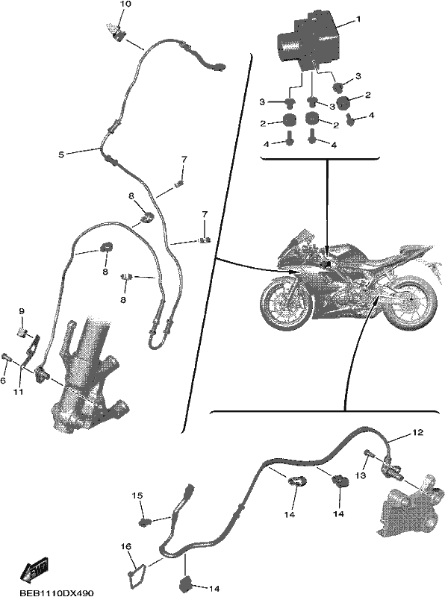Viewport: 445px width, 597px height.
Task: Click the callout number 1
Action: [x=358, y=19]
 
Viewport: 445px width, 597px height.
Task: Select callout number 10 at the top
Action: [x=125, y=4]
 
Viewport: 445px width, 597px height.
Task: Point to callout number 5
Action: [x=61, y=154]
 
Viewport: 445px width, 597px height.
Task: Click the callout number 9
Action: [x=22, y=311]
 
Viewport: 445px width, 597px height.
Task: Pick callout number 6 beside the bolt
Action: [x=4, y=381]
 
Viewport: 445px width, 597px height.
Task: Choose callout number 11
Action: [x=19, y=391]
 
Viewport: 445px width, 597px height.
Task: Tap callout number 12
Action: [x=417, y=433]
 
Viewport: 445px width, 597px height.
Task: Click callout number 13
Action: [x=361, y=475]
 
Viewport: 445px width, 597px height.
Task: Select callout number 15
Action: [x=137, y=496]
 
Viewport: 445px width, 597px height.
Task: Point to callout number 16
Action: [x=126, y=547]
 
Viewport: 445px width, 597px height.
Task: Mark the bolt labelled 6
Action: [x=7, y=357]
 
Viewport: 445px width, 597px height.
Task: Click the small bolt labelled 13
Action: [x=369, y=453]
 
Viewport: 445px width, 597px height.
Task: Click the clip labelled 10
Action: [x=119, y=35]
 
